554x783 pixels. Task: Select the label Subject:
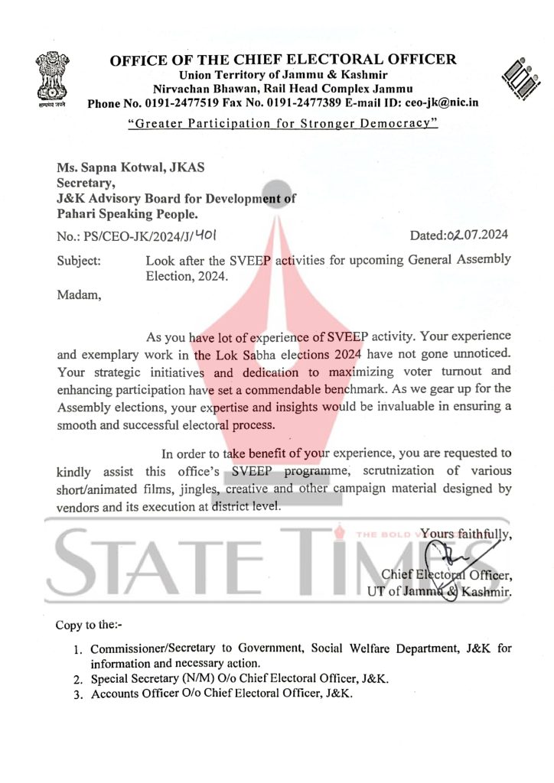coord(79,261)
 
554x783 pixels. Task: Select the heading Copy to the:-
coord(83,625)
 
